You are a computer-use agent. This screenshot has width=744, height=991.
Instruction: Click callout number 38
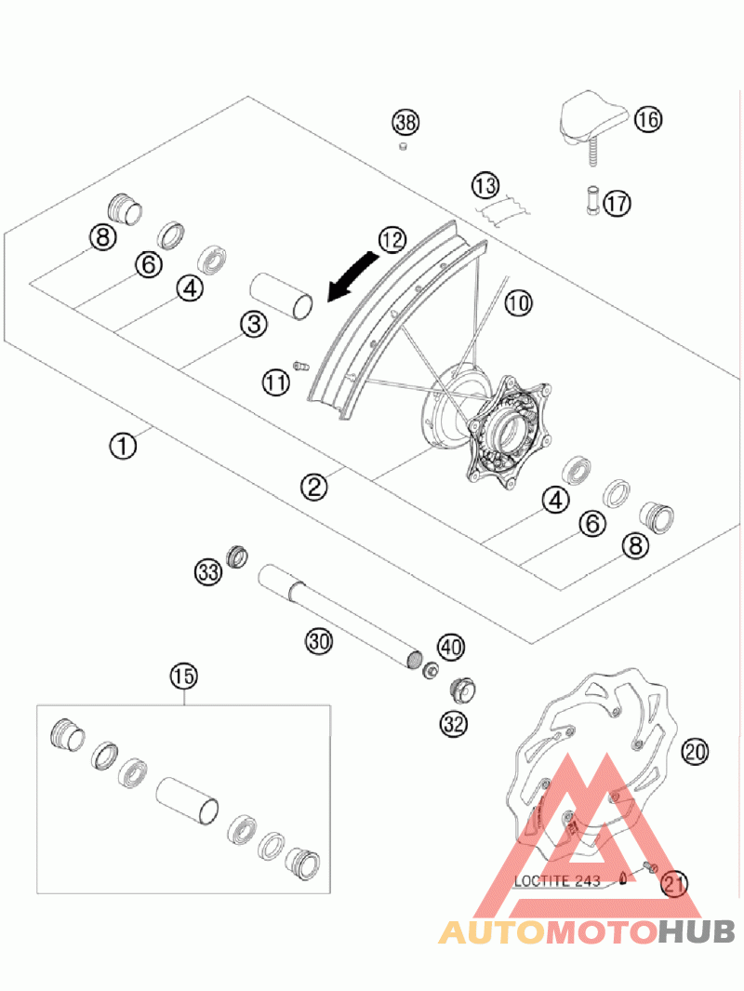(405, 122)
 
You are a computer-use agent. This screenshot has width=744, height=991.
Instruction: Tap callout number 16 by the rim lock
(647, 119)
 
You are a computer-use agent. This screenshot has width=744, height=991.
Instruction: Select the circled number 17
(617, 203)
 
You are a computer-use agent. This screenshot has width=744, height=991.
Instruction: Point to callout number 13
(485, 186)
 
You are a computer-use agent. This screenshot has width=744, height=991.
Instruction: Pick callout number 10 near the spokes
(519, 302)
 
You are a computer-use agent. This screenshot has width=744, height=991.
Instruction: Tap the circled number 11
(276, 382)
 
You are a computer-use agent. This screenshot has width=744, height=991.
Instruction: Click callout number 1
(123, 446)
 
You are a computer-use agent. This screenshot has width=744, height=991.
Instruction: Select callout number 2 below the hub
(314, 487)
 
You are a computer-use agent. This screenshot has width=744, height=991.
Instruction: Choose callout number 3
(254, 324)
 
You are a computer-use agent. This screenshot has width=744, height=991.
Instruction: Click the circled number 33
(207, 572)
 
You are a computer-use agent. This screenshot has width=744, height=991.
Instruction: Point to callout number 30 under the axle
(319, 641)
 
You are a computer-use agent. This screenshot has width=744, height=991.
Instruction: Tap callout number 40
(451, 647)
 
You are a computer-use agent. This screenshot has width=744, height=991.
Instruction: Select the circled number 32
(454, 724)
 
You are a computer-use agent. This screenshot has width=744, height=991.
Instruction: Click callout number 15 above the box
(184, 676)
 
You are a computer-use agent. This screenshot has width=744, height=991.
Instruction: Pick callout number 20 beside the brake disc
(695, 752)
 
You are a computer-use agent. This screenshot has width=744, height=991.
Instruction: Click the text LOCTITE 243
(557, 881)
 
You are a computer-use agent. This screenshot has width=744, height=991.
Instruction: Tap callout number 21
(674, 884)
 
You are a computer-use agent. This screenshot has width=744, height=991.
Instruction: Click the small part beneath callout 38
(402, 148)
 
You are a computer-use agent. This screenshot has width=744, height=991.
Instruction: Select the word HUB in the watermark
(696, 931)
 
